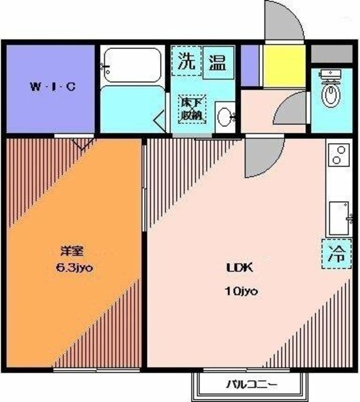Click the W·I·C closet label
53,87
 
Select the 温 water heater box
217,63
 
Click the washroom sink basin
224,117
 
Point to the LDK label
239,268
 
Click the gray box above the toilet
331,53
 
